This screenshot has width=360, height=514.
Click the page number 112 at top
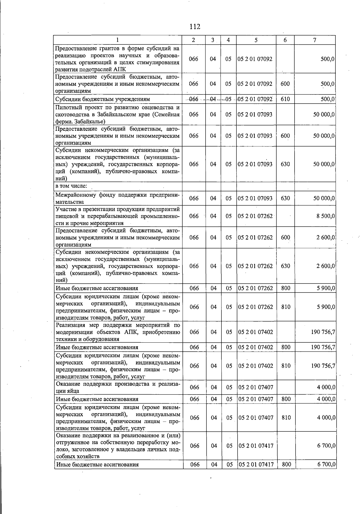click(195, 27)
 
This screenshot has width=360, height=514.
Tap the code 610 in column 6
click(285, 99)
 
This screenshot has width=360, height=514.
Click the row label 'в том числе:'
click(71, 186)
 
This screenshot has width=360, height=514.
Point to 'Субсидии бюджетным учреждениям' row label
click(103, 99)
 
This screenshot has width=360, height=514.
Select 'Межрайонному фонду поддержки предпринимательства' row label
click(117, 198)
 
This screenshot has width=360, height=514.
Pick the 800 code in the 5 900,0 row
click(286, 288)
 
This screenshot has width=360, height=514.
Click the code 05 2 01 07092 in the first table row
click(255, 59)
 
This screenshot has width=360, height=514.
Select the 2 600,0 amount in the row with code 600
click(325, 237)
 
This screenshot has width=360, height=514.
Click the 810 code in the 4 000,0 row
click(286, 417)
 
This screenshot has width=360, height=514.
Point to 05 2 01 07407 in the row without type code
click(256, 387)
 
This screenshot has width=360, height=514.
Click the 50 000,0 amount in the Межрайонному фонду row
click(324, 198)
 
